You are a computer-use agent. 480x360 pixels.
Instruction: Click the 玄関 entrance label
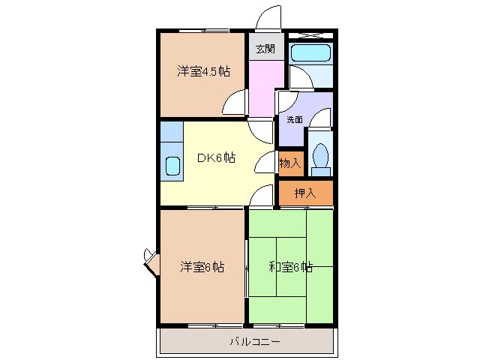pos(265,49)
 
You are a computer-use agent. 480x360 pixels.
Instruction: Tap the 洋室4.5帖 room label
pos(203,71)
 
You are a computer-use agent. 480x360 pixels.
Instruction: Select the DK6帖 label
pos(216,158)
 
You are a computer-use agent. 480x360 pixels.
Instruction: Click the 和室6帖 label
pos(291,266)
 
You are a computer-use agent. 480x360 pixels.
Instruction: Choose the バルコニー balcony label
pos(255,342)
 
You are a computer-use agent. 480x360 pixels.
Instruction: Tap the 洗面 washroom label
pos(294,119)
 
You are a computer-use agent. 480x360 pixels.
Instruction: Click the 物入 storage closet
pos(289,163)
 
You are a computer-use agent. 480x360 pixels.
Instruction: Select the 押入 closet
pos(305,193)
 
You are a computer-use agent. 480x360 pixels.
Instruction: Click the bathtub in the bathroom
pos(311,52)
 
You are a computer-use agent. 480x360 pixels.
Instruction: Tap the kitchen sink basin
pos(172,165)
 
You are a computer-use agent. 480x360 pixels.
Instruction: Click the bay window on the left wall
pos(150,262)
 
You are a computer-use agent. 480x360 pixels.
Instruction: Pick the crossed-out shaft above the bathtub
pos(311,34)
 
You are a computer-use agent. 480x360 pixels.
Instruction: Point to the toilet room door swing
pos(322,120)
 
